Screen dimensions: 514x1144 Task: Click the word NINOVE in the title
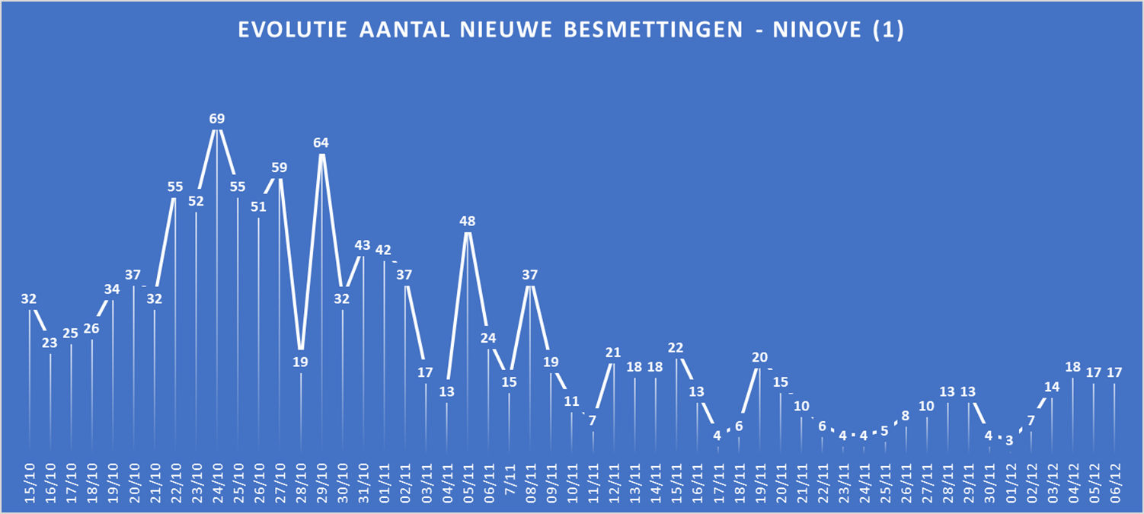pos(813,30)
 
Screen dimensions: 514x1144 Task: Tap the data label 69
pos(217,119)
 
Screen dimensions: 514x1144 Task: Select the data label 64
pos(321,142)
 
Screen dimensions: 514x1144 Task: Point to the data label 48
pos(468,222)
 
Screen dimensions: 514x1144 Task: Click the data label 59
pos(280,168)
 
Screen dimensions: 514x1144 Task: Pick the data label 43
pos(363,245)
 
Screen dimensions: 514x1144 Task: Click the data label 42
pos(384,250)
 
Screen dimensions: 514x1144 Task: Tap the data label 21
pos(613,353)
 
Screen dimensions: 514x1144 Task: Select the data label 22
pos(676,347)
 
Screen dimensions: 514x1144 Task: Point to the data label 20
pos(759,357)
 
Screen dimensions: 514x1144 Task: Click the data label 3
pos(1009,440)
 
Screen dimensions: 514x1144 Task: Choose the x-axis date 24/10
pos(218,479)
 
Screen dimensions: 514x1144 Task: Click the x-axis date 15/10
pos(30,479)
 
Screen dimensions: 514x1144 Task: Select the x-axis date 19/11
pos(760,479)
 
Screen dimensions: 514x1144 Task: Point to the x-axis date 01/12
pos(1010,479)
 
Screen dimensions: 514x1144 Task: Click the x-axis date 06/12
pos(1114,479)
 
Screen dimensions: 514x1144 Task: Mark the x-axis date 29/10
pos(322,479)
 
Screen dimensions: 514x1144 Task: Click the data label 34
pos(113,289)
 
